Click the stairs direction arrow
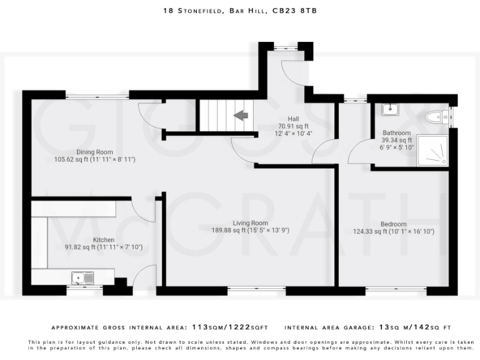tap(241, 115)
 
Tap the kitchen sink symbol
tap(82, 277)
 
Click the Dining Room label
tap(94, 152)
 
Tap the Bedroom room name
tap(393, 224)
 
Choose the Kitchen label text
tap(104, 239)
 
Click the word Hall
tap(293, 119)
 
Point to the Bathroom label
tap(397, 133)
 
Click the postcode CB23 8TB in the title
tap(299, 11)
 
